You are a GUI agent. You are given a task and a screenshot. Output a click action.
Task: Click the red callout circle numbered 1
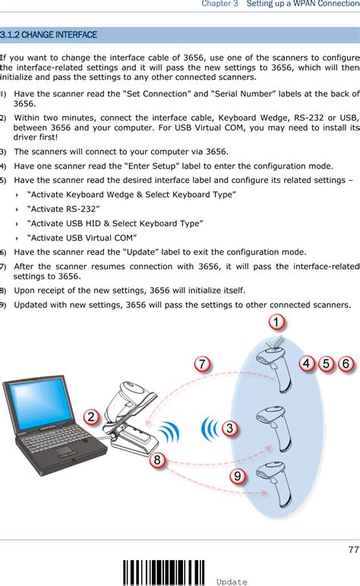tap(279, 323)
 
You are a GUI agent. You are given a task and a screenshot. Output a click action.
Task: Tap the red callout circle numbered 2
tap(91, 417)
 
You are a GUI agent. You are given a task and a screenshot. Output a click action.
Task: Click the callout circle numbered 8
tap(157, 460)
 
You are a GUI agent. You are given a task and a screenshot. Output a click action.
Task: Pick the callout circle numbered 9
tap(238, 476)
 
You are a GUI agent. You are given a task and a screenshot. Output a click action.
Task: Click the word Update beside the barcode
tap(231, 581)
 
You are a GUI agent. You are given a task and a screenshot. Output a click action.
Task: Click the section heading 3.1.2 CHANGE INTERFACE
tap(49, 35)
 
